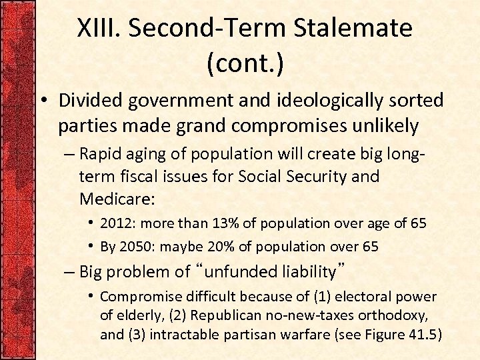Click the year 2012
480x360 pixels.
(x=116, y=223)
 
